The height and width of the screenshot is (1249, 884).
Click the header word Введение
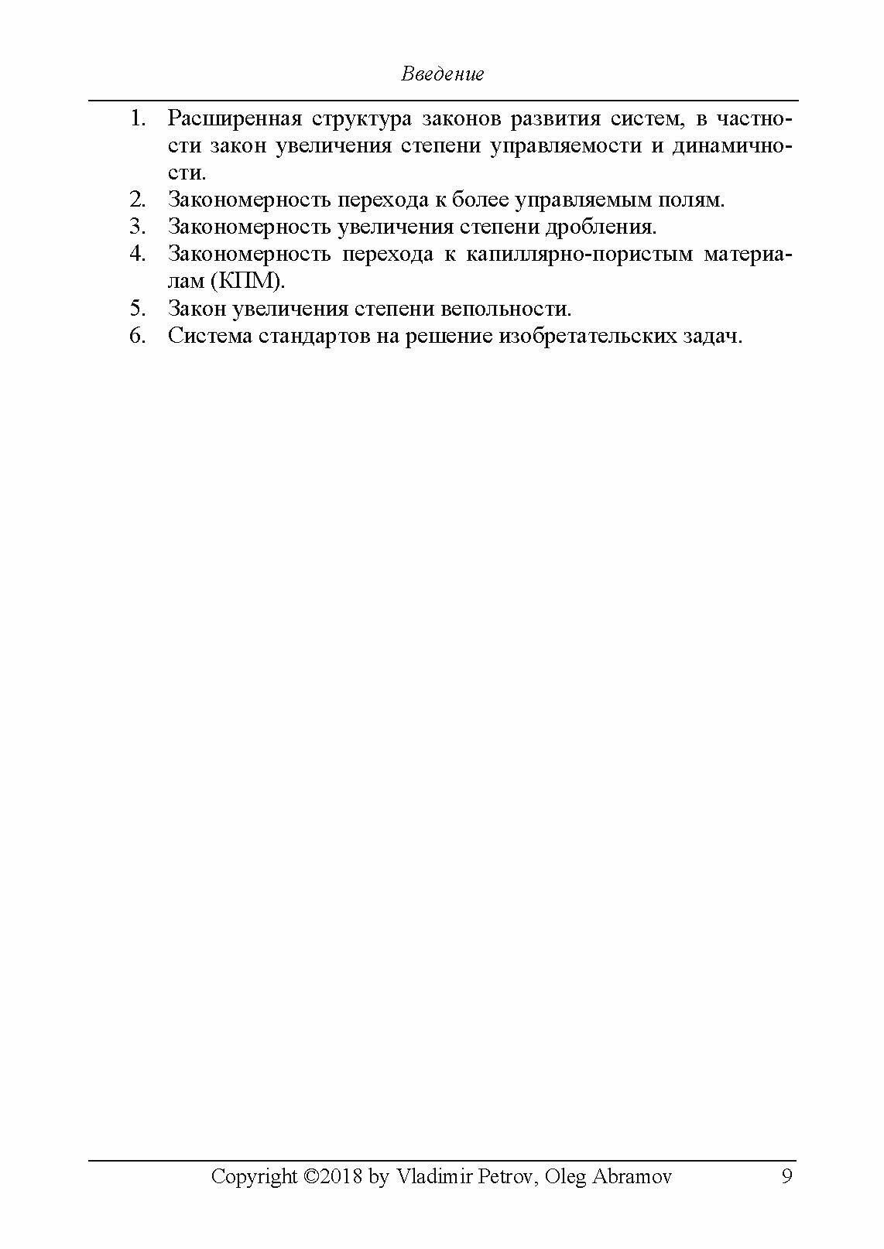pos(443,74)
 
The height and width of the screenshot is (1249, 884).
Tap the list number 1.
pos(138,119)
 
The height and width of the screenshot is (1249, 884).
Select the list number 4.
pos(138,254)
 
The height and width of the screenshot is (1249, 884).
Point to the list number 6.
pos(138,337)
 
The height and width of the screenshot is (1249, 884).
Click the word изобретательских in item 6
pos(588,337)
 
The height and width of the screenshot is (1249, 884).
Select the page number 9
pos(786,1177)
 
